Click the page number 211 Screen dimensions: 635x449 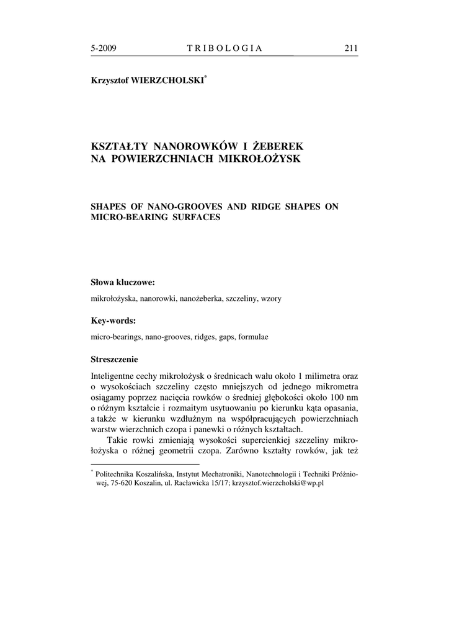coord(350,48)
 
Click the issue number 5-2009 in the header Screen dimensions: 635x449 coord(104,48)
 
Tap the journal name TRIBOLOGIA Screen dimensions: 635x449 coord(225,48)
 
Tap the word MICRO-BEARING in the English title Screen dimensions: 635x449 coord(127,218)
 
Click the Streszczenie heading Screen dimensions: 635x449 coord(115,359)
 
